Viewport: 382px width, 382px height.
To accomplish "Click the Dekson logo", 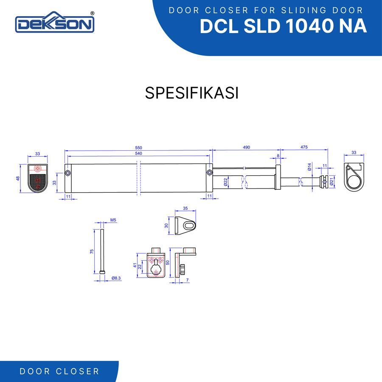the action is pos(55,22).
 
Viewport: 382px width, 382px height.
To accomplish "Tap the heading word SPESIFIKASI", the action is pos(192,93).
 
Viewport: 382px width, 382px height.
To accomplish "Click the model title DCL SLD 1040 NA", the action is pos(284,26).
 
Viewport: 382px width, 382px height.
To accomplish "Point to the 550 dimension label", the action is pos(138,148).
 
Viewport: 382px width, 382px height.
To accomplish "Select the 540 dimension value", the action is pos(138,154).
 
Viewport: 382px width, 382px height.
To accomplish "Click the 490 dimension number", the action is pos(247,147).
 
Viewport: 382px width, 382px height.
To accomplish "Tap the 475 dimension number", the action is pos(304,147).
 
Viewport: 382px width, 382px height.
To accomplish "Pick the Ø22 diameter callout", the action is pos(225,182).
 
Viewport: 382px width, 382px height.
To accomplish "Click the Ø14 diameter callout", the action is pos(309,167).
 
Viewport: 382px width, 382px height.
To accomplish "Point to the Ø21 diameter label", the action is pos(331,182).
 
